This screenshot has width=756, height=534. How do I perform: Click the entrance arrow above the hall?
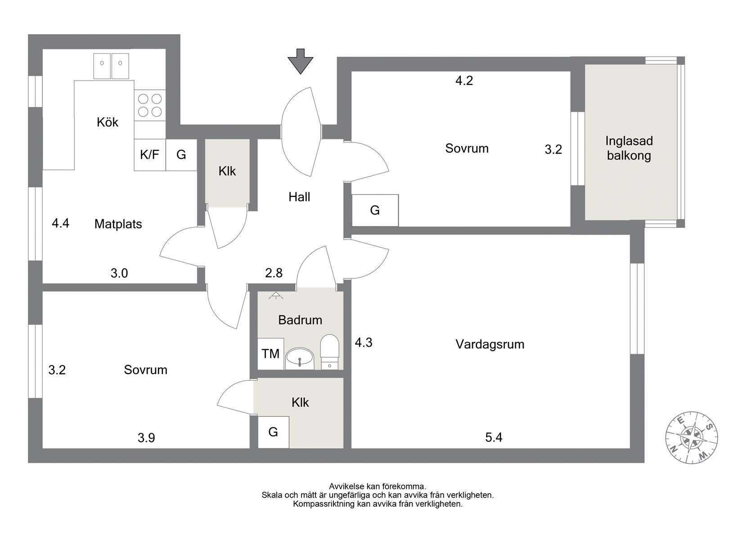coord(301,61)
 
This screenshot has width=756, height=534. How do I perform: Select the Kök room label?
coord(107,122)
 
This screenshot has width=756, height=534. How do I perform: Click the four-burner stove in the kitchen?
coord(150,105)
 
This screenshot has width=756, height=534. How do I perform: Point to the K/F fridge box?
coord(150,155)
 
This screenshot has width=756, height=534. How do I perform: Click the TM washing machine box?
coord(271,354)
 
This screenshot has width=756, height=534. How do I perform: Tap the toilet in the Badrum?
coord(329,352)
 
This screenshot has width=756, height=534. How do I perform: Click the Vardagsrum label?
coord(490,344)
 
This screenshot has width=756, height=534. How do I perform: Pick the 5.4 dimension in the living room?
coord(494,437)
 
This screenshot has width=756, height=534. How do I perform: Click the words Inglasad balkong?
coord(629,148)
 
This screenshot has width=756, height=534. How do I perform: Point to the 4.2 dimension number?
coord(464,80)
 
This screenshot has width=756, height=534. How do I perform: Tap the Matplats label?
coord(118,224)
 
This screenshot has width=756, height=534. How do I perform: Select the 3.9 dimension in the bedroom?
coord(146,438)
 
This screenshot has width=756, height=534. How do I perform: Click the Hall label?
coord(299,197)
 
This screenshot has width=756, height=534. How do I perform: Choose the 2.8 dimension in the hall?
coord(274,273)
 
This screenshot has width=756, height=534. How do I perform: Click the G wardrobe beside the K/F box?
coord(181,155)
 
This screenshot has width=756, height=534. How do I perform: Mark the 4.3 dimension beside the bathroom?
coord(364,343)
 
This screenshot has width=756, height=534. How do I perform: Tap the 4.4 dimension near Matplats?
coord(60,223)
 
